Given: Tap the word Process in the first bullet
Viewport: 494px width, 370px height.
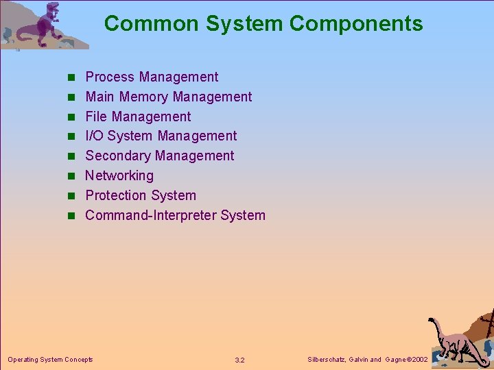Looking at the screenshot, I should tap(108, 77).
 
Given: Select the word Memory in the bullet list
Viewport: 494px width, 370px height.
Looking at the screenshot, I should tap(143, 97).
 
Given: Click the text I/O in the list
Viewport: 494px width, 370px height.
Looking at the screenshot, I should tap(94, 136).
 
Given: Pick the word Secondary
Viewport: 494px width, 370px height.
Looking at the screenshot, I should tap(118, 156).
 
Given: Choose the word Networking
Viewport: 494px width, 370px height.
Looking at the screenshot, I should tap(119, 176).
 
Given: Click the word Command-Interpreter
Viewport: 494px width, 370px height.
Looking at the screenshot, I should tap(151, 216).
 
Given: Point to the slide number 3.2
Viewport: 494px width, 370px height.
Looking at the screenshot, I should tap(239, 360).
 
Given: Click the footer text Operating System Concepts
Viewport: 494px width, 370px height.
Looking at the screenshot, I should tap(50, 359).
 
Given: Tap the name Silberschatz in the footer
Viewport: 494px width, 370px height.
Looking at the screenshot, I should tap(327, 360).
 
